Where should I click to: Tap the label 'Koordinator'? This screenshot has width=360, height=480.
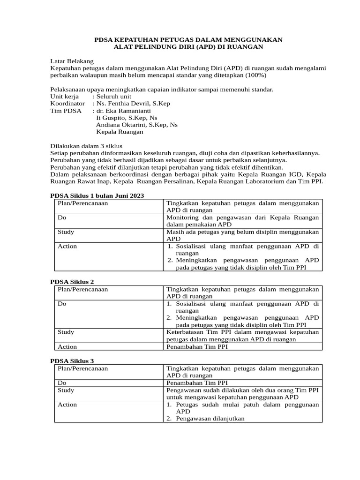[x=67, y=103]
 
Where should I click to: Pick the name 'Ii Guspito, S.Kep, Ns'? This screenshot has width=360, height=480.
[x=127, y=118]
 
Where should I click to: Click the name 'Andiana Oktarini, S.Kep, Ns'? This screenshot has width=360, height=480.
[x=136, y=125]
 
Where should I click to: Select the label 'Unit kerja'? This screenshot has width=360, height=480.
[x=64, y=96]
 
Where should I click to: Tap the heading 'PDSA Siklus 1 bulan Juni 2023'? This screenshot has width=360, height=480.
[x=97, y=195]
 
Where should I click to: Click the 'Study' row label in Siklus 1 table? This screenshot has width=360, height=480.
[x=66, y=232]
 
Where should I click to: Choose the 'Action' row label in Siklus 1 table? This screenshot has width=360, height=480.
[x=67, y=246]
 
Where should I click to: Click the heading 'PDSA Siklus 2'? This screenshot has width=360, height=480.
[x=72, y=282]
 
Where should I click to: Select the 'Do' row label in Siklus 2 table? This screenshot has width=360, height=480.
[x=61, y=304]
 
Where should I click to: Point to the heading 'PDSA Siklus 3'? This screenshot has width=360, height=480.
[x=72, y=361]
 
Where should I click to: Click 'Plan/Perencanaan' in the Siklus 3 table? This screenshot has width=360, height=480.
[x=82, y=368]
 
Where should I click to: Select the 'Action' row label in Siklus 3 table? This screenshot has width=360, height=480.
[x=67, y=405]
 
